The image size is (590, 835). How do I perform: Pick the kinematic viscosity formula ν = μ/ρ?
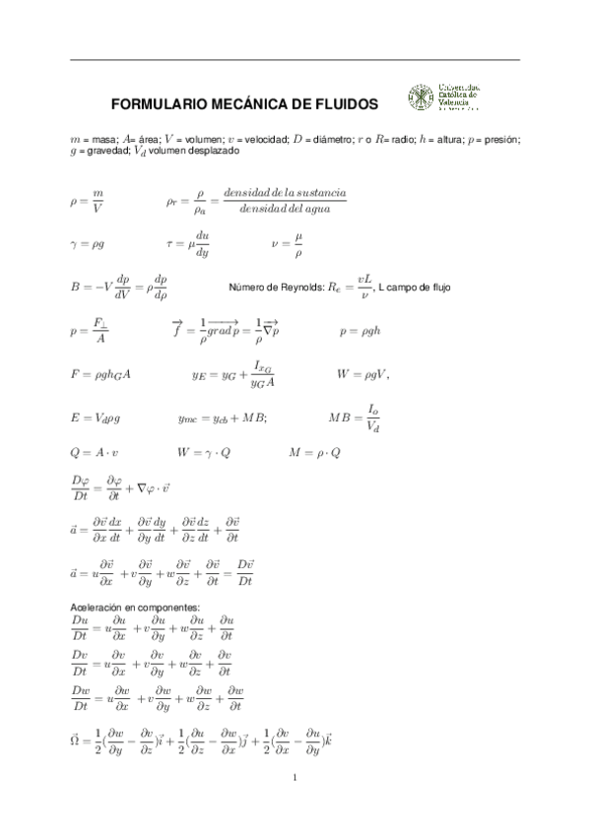point(287,243)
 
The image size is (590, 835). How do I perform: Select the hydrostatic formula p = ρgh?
point(360,331)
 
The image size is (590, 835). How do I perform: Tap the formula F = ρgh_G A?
point(101,373)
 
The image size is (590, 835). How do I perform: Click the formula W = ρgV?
point(362,373)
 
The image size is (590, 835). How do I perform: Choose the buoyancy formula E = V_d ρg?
point(95,417)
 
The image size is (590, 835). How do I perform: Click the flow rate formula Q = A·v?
point(95,452)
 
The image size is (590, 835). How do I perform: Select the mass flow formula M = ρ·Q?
point(315,452)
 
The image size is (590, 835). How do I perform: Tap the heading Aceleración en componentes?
point(137,607)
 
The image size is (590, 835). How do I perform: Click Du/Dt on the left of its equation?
point(82,627)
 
